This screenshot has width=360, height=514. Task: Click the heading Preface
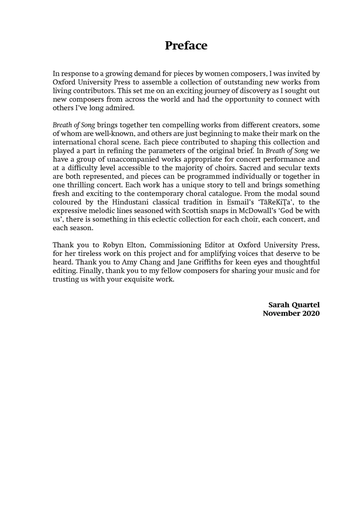[186, 46]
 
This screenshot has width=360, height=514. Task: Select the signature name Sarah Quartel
[294, 305]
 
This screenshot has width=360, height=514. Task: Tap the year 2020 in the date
[311, 313]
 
